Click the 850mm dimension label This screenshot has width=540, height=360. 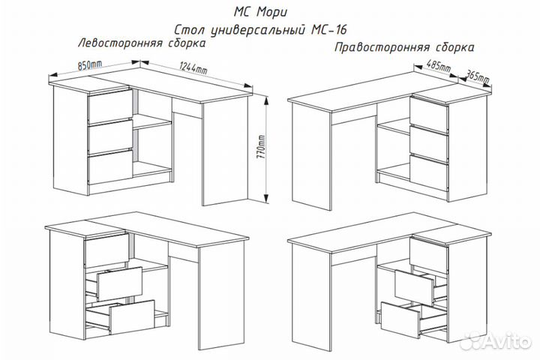coord(89,65)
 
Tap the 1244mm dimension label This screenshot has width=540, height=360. coord(193,67)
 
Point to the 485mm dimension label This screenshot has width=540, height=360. coord(439,65)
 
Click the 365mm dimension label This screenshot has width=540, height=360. coord(477,76)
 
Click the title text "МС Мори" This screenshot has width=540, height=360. coord(260,13)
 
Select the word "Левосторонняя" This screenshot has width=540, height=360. coord(121,43)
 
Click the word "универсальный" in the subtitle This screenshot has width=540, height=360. coord(257,30)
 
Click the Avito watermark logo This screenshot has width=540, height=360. coord(496,341)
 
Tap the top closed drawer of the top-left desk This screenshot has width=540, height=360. coord(109,106)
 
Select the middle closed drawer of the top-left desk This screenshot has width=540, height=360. coord(110,136)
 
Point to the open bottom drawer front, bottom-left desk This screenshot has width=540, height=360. coord(131,316)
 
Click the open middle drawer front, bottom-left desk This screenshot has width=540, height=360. coord(120,283)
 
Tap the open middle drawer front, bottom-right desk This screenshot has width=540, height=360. coord(414,288)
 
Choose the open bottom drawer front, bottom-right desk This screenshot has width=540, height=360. coord(400,320)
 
